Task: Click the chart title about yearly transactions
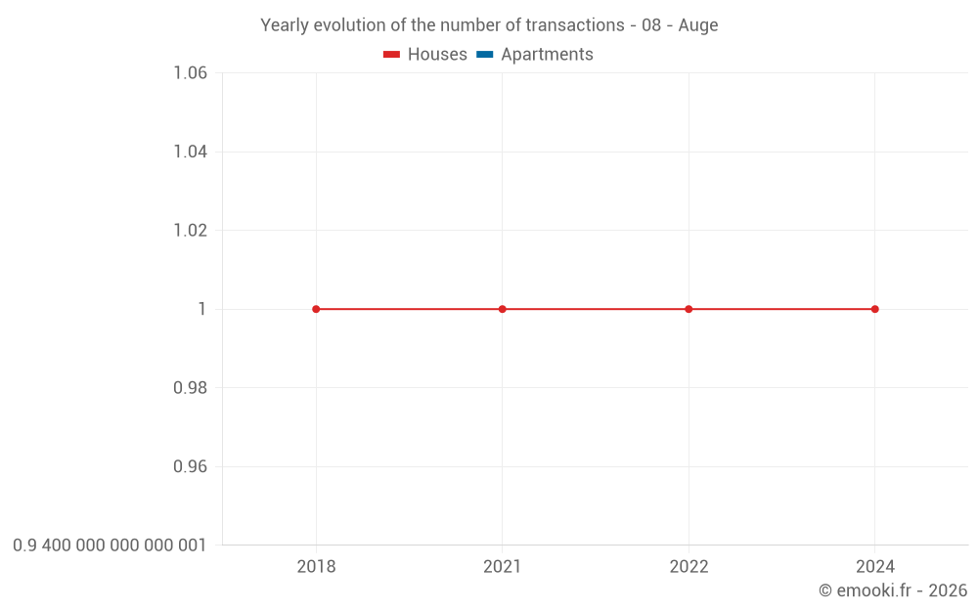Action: (489, 25)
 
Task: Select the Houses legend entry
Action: (436, 55)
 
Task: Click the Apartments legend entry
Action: (546, 55)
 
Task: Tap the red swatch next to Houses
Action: (391, 55)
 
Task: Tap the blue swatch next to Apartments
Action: (484, 55)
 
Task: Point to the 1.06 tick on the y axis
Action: (190, 73)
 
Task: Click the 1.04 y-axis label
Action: (190, 152)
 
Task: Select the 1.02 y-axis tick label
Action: (190, 231)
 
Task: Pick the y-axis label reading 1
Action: (202, 309)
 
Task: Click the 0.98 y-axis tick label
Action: (190, 388)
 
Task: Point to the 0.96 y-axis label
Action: (190, 466)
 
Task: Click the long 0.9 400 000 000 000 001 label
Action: (110, 546)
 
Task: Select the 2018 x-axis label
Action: (316, 567)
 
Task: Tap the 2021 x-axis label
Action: (502, 567)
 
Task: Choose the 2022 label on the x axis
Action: (689, 567)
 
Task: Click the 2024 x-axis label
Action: (874, 567)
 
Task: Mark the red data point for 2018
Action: (316, 309)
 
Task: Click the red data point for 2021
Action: (502, 309)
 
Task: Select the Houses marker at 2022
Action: (689, 309)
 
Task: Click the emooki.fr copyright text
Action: (892, 590)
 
